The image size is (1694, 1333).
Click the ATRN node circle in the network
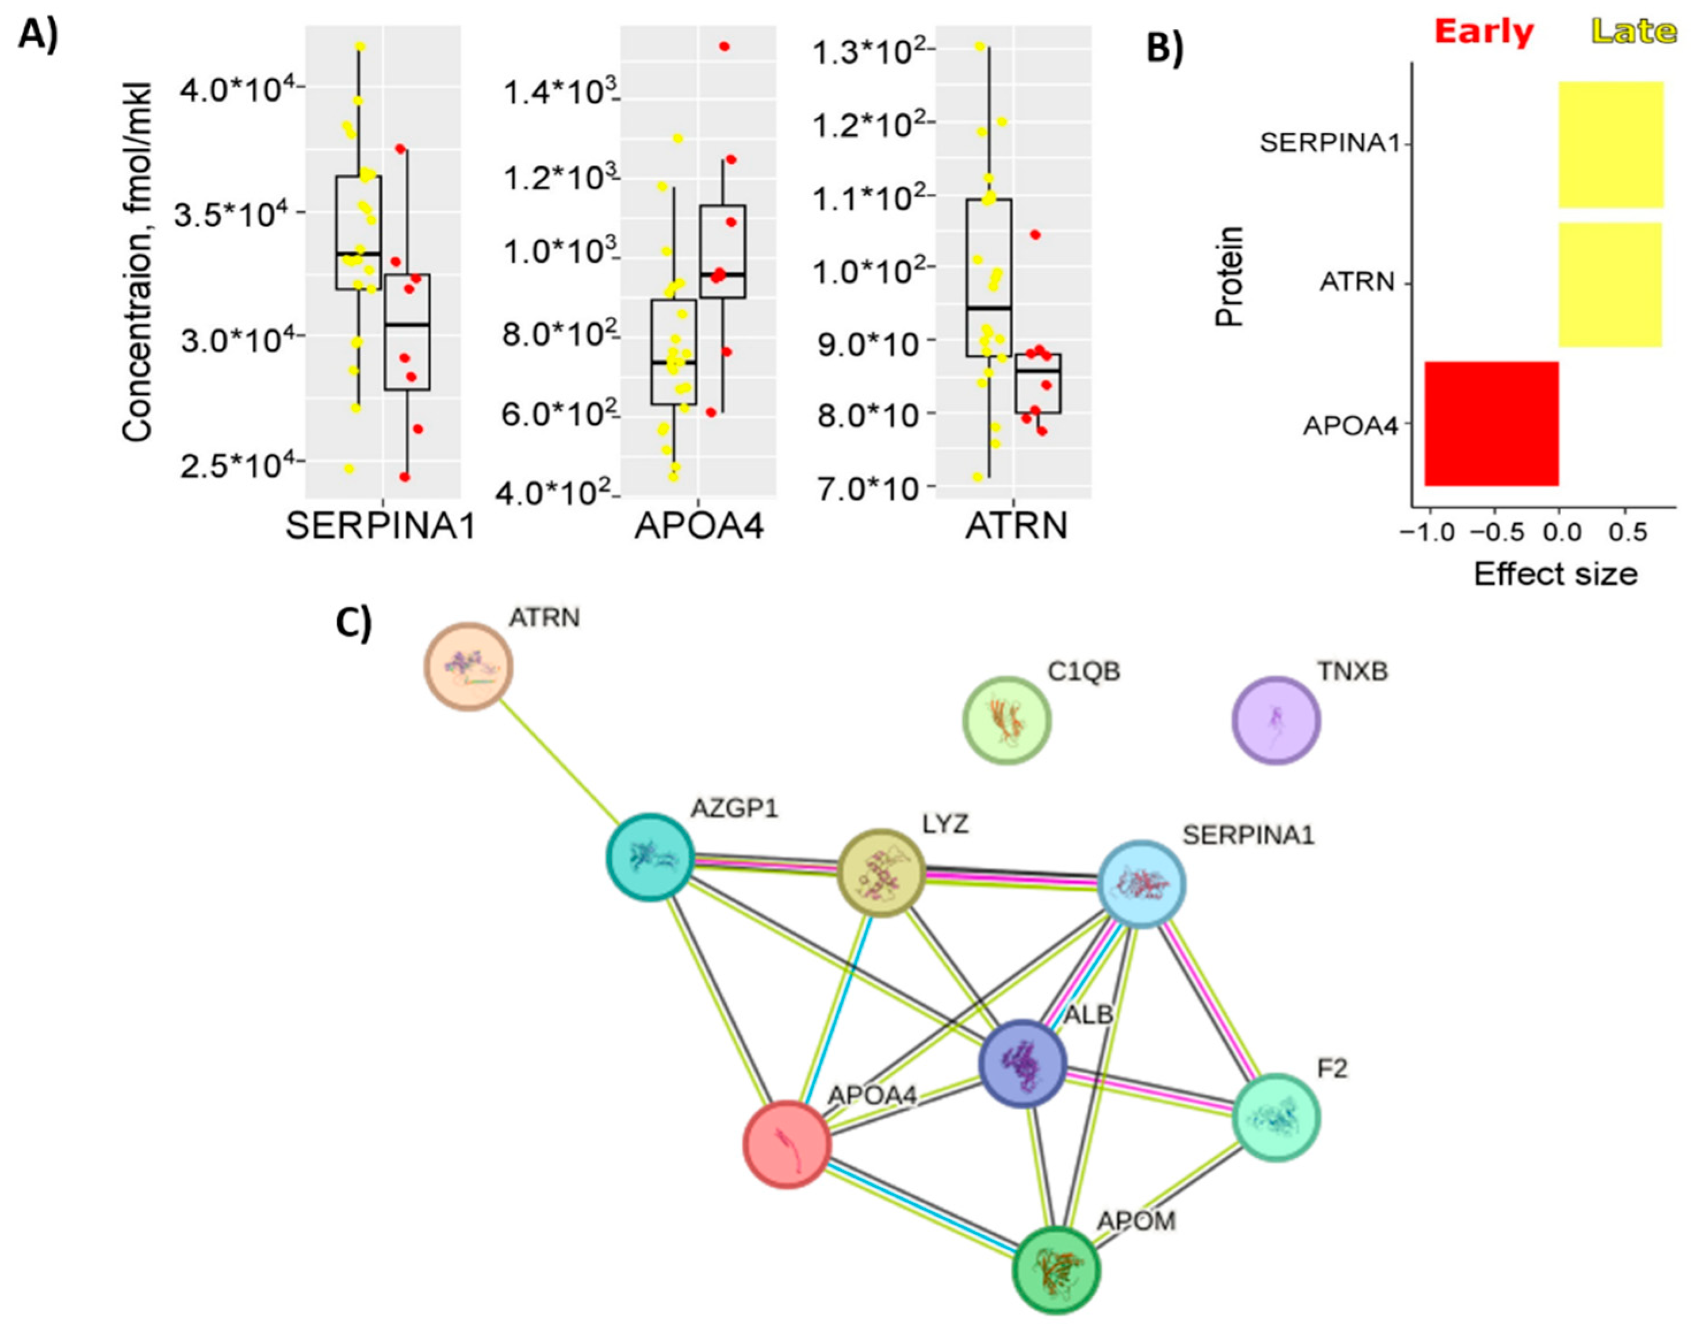468,666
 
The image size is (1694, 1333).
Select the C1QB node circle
1006,721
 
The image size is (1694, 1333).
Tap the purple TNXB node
1276,721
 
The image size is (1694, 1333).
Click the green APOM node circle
1056,1270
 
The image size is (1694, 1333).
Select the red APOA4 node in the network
787,1144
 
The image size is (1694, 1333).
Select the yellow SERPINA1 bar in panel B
1611,144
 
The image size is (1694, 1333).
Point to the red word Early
1484,32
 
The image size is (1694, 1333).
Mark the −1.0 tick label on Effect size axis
1427,534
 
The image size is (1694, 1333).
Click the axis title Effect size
1555,574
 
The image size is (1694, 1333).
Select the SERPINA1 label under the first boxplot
380,527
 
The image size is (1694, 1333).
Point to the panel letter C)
354,623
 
